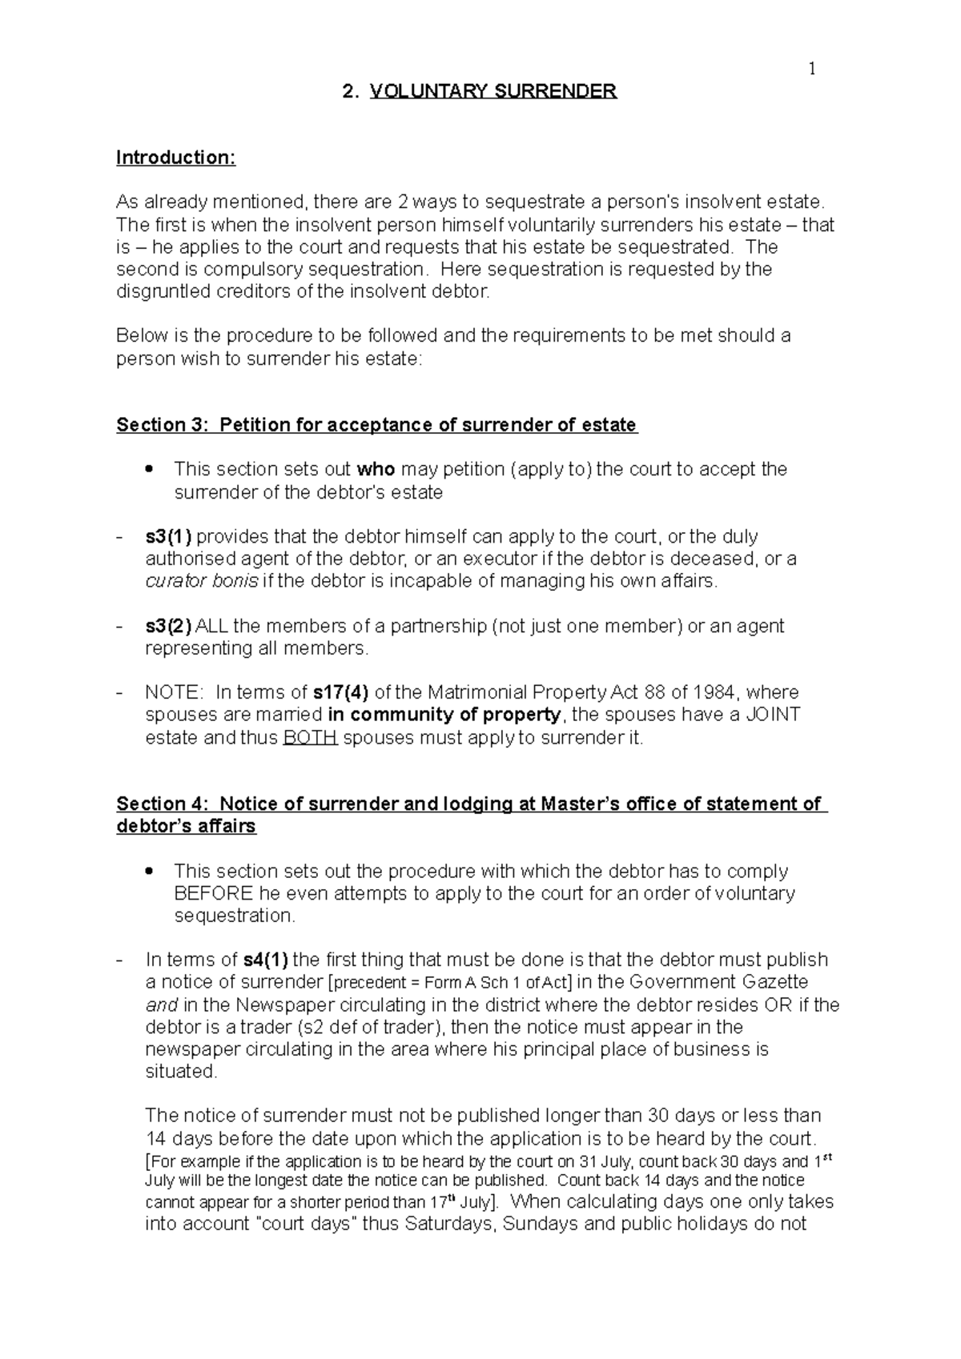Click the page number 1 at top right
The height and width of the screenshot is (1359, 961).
click(x=812, y=70)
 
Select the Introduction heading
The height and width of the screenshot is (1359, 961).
click(x=176, y=158)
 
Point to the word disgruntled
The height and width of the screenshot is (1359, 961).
click(x=161, y=291)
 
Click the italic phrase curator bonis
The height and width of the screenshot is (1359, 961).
click(x=201, y=581)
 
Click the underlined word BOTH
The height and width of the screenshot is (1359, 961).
click(x=311, y=737)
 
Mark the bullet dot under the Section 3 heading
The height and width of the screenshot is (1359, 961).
click(x=147, y=469)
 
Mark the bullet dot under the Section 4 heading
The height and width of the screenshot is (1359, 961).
click(x=147, y=871)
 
